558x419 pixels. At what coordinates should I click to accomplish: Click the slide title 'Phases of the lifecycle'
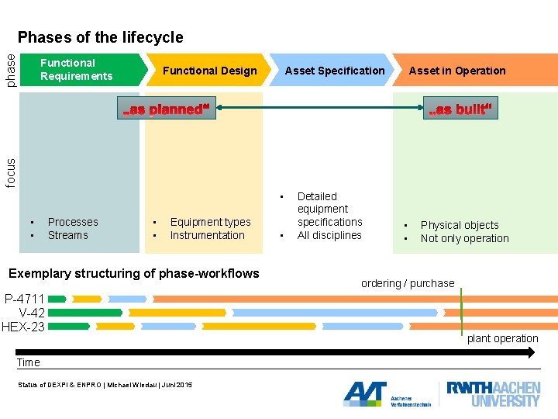click(101, 37)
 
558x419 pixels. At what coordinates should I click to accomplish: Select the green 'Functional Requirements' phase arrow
click(81, 70)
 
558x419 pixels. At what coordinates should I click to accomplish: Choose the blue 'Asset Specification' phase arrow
click(334, 71)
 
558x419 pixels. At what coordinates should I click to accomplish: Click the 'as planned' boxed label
click(165, 109)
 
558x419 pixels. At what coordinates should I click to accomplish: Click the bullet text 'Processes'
click(73, 222)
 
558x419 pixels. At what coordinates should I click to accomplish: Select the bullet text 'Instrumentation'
click(207, 235)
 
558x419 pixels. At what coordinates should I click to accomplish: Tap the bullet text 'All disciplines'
click(329, 235)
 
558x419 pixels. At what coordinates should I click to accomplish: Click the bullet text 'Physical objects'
click(460, 225)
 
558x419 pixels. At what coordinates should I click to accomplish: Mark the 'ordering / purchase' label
click(408, 283)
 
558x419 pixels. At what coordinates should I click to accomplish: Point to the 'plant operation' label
click(502, 338)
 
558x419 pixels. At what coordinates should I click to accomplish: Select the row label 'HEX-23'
click(23, 327)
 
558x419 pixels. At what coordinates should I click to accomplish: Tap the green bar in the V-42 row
click(85, 313)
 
